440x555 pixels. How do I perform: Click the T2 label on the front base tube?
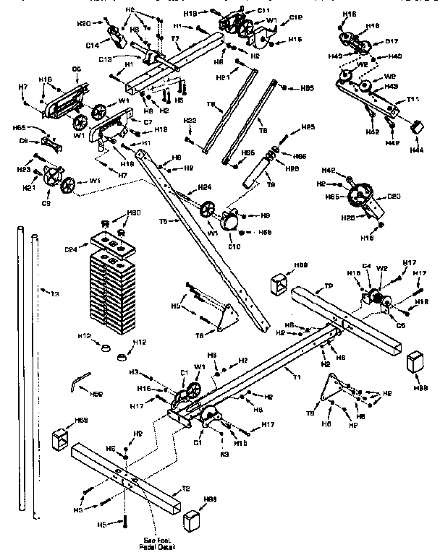(186, 489)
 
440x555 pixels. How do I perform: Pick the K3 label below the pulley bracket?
(224, 454)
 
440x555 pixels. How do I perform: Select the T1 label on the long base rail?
(296, 376)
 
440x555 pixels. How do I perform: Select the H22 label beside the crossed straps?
(190, 119)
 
